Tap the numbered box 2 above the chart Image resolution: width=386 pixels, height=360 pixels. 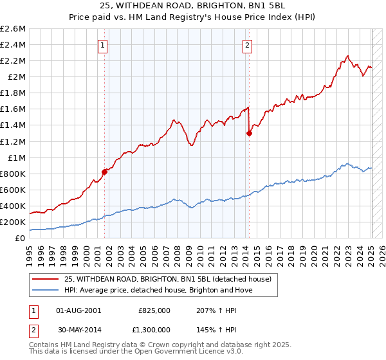pyautogui.click(x=248, y=45)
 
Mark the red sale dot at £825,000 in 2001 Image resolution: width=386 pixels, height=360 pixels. pyautogui.click(x=104, y=172)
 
